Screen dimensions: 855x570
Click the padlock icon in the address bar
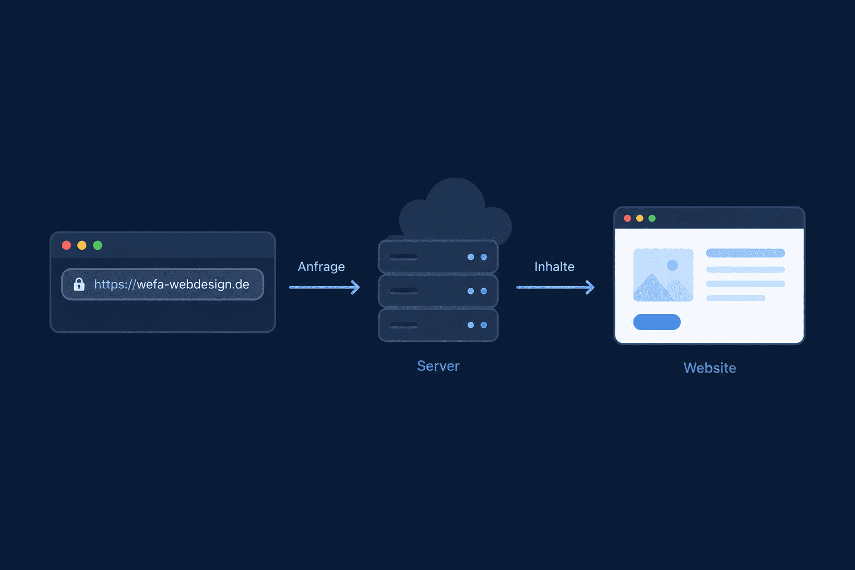point(79,284)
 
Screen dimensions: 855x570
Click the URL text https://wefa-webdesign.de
point(172,284)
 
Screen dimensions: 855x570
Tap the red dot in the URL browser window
point(66,245)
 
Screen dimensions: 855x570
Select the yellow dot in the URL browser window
point(82,245)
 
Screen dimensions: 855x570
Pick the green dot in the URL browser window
point(98,245)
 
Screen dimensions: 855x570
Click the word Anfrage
point(321,267)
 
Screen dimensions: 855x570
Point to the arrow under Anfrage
point(325,287)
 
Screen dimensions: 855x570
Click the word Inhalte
point(554,267)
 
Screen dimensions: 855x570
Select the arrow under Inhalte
point(556,287)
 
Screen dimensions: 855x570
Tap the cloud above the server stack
point(456,210)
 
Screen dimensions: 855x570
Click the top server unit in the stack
point(438,257)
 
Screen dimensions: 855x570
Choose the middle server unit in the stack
point(438,291)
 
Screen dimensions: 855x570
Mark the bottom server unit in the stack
point(438,325)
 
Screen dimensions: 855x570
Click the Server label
point(438,366)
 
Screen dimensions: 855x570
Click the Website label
point(710,368)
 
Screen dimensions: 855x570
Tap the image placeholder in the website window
point(664,275)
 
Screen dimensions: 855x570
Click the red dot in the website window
point(627,218)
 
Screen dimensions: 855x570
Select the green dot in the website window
point(652,218)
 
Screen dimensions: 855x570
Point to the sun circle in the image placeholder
point(672,265)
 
